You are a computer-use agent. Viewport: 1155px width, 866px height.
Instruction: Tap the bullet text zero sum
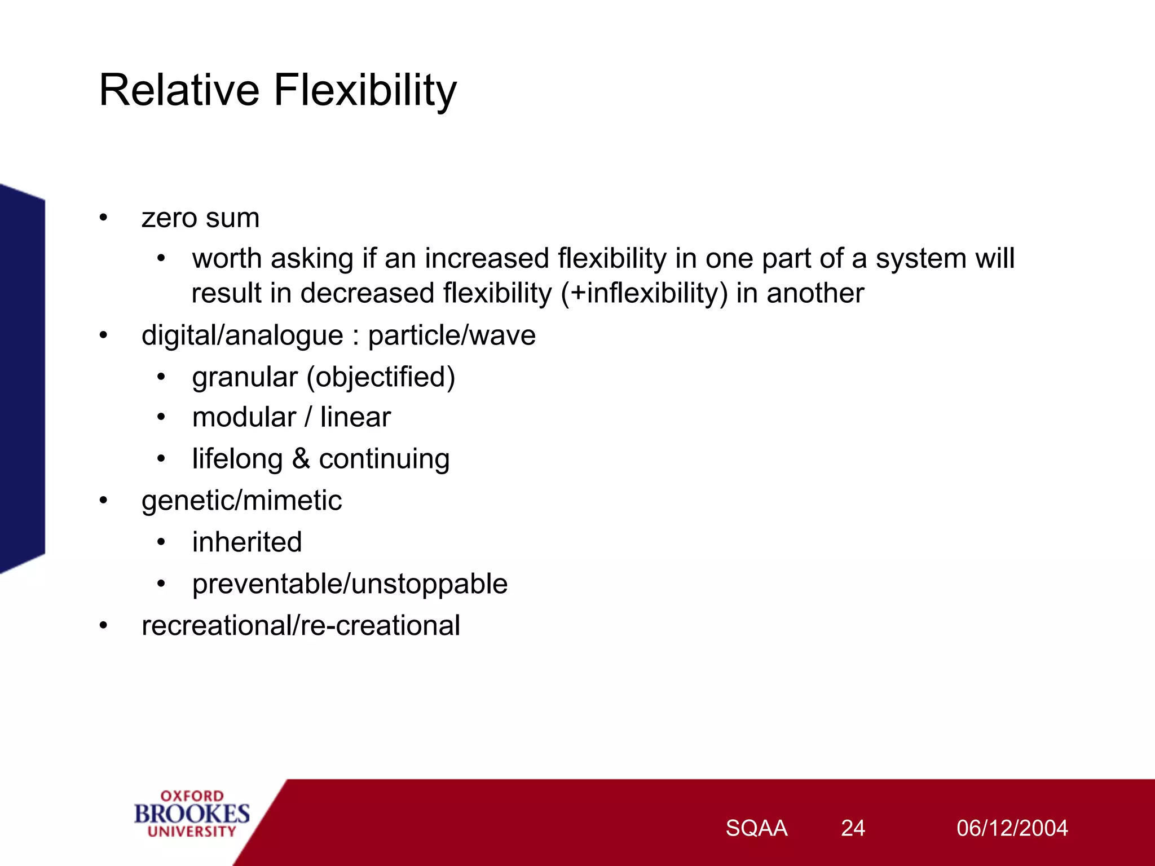point(200,218)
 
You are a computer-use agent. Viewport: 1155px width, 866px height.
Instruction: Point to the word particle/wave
point(451,335)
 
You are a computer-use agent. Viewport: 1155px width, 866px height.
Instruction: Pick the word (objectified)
point(381,377)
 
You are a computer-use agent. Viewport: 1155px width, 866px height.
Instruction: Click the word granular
point(244,377)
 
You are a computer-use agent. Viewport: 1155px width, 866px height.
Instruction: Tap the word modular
point(244,418)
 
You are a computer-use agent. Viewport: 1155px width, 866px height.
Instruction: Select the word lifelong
point(237,459)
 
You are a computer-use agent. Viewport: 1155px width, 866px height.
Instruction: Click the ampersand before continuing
point(301,458)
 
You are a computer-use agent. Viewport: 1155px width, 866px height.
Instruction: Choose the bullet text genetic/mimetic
point(241,501)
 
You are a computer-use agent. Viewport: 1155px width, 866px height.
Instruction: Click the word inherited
point(247,542)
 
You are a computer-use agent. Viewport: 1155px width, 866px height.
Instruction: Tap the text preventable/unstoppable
point(350,584)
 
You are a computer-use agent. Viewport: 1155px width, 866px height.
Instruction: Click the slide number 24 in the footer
point(853,828)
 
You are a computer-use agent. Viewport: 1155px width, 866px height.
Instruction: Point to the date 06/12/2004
point(1012,828)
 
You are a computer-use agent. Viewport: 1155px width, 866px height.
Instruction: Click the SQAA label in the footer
point(756,828)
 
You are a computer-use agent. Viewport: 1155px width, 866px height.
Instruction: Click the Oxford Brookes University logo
point(192,814)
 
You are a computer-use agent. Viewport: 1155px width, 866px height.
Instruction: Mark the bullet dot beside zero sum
point(103,218)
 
